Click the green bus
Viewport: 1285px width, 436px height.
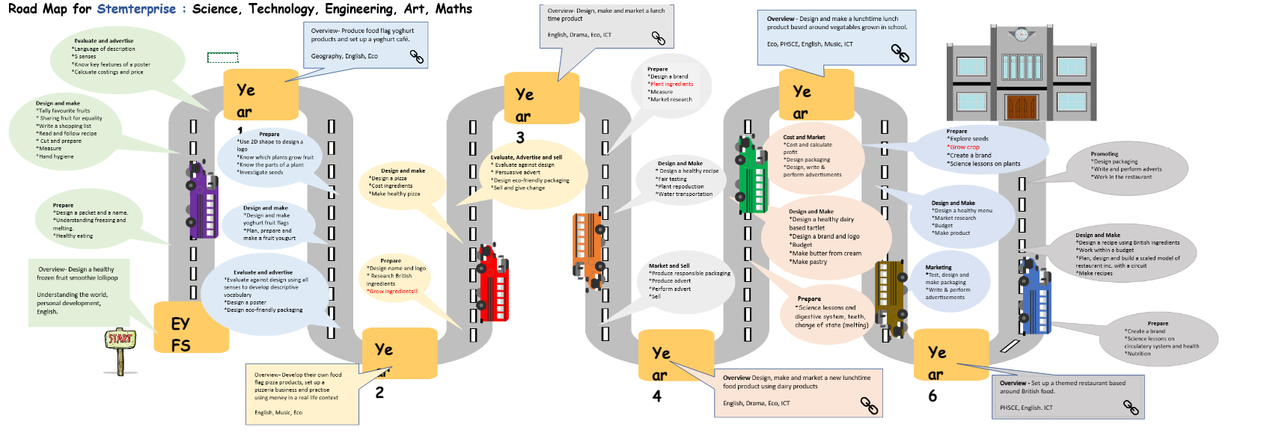pos(752,176)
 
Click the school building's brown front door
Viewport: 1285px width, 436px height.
pos(1021,107)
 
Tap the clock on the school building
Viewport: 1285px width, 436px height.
pos(1021,34)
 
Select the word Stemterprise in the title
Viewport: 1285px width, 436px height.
pos(136,9)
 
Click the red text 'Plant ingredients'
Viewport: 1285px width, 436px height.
pos(671,85)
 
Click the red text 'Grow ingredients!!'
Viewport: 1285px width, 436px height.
pos(392,292)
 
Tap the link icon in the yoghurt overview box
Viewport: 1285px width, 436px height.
pos(416,57)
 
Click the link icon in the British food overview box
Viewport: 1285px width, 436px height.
pos(1130,408)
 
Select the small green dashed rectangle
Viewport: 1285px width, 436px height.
pos(222,58)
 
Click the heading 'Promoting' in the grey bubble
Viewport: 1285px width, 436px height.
pos(1104,154)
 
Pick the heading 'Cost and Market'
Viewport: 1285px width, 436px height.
pos(803,138)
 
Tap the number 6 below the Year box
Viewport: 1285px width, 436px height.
pos(933,396)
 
